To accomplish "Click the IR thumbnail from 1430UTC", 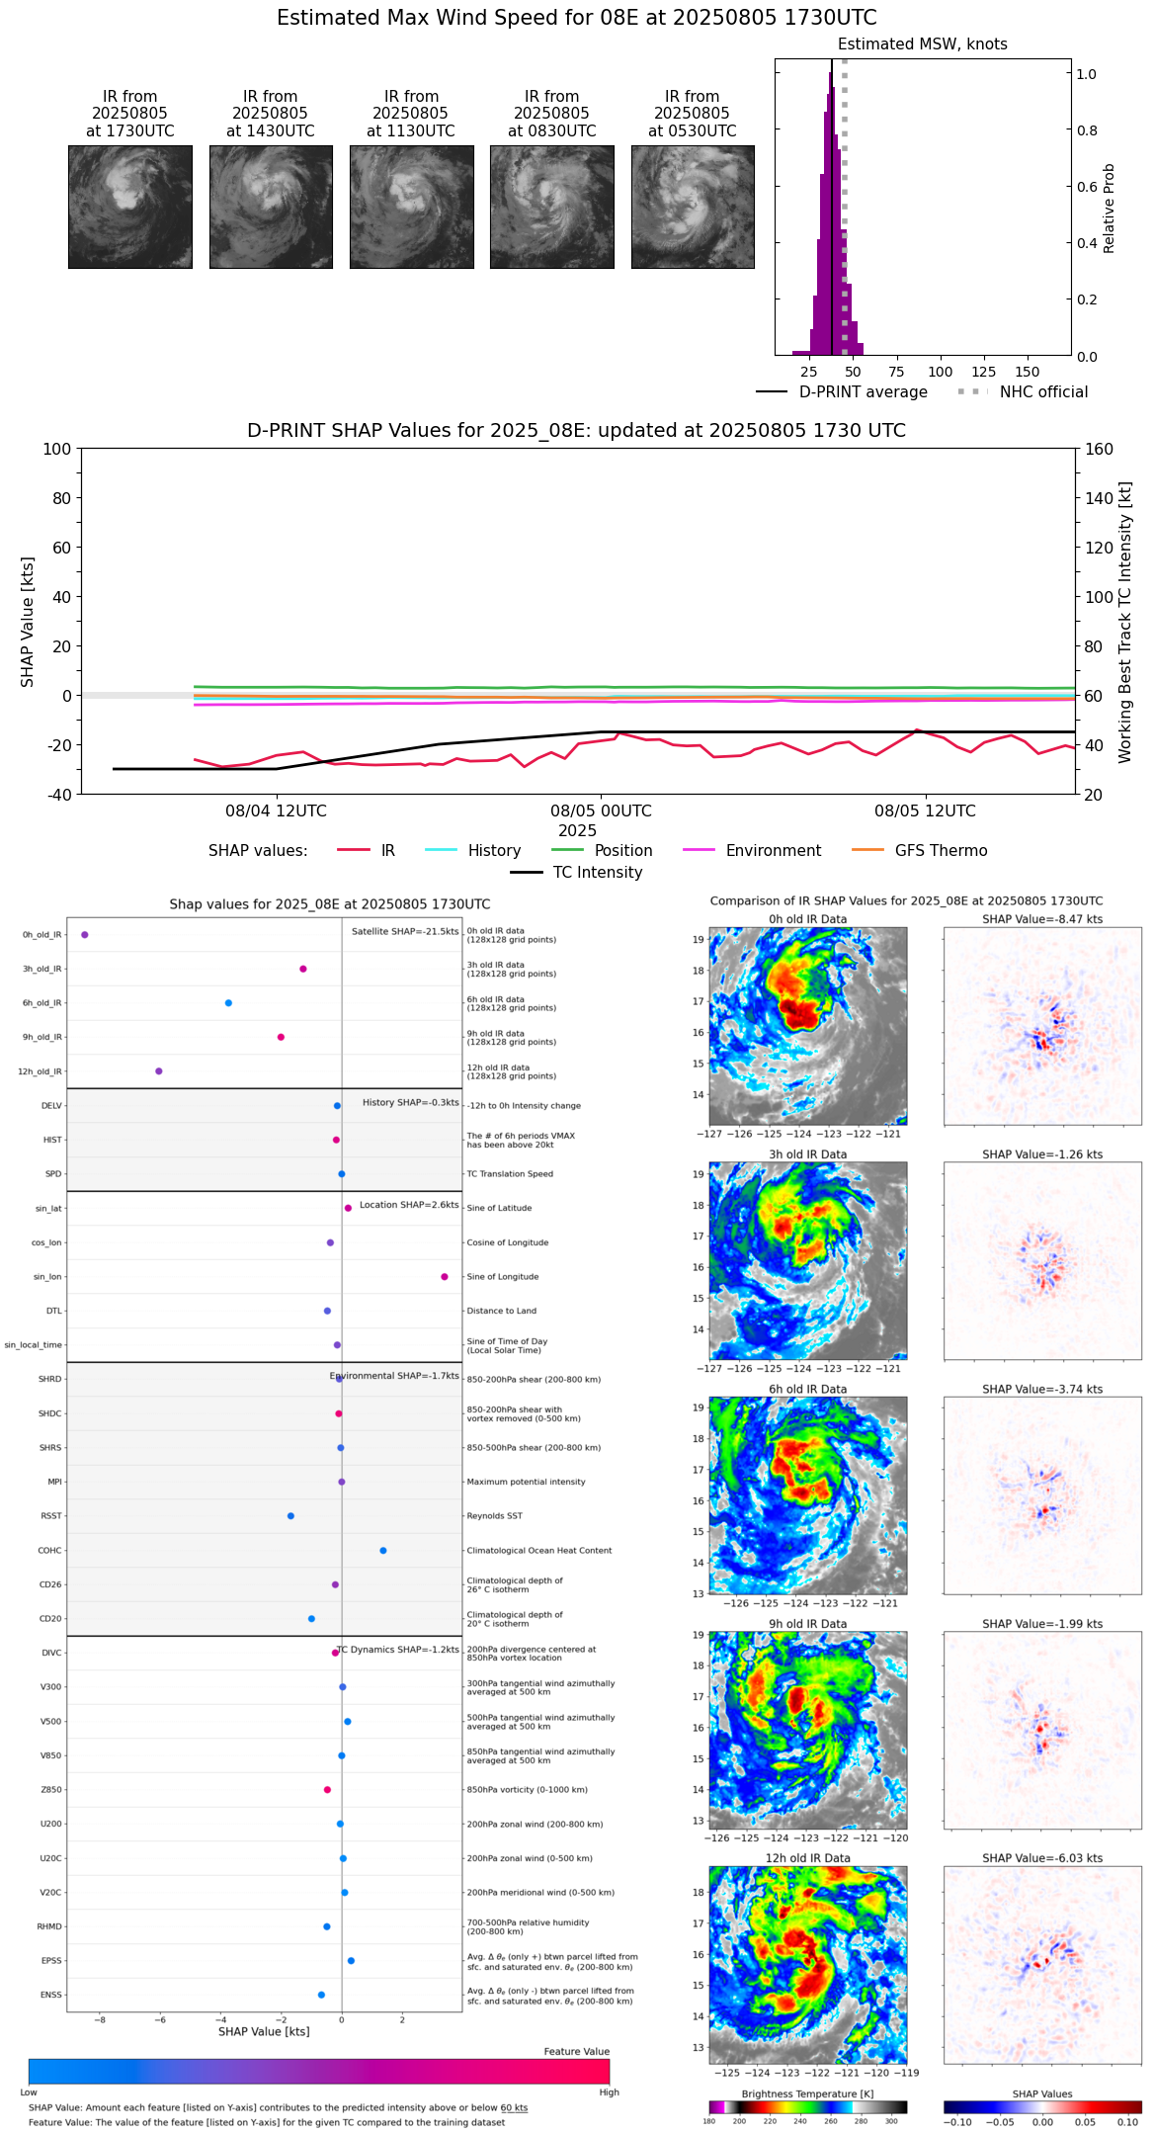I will tap(271, 207).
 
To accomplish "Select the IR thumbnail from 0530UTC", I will tap(693, 207).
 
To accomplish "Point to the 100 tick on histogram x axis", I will tap(940, 372).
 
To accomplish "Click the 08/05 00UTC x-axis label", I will tap(601, 811).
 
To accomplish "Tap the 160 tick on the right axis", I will tap(1099, 449).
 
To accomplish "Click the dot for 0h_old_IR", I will tap(85, 934).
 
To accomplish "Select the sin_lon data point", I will tap(445, 1277).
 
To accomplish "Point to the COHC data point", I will tap(383, 1550).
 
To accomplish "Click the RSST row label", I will tap(51, 1516).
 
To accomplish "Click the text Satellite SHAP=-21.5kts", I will tap(405, 932).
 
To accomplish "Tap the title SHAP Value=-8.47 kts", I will tap(1042, 919).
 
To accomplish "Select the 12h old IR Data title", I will tap(807, 1858).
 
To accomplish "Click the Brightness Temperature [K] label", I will tap(807, 2093).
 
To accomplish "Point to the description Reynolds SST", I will tap(495, 1516).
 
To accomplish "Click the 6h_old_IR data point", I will tap(228, 1003).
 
